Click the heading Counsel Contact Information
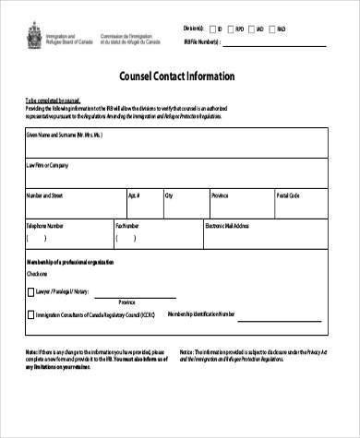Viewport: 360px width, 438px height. coord(178,77)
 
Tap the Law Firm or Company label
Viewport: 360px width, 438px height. coord(47,166)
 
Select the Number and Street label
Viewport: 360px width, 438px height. coord(44,195)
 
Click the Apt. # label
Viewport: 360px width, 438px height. coord(134,195)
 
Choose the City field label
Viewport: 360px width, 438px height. coord(169,195)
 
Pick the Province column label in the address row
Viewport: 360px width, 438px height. coord(221,195)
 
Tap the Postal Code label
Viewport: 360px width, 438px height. coord(289,195)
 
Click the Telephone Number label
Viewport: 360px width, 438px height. coord(45,225)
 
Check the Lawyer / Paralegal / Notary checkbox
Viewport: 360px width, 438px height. coord(30,290)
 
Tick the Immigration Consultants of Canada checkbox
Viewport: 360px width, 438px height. coord(30,314)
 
